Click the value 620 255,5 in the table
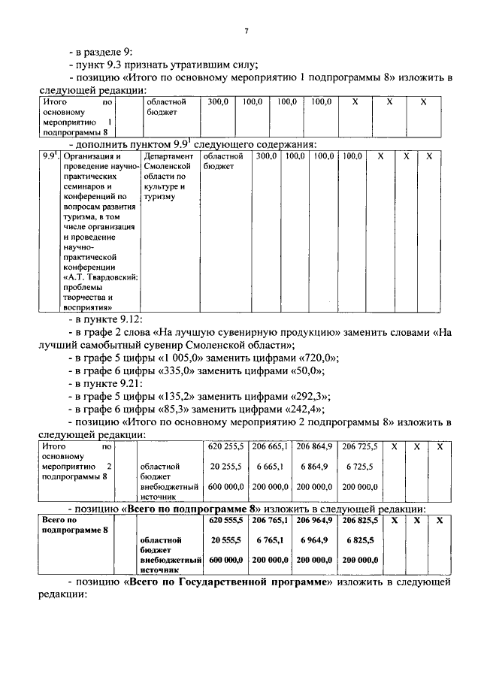point(225,447)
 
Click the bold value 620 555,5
point(225,520)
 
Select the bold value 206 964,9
point(315,520)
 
